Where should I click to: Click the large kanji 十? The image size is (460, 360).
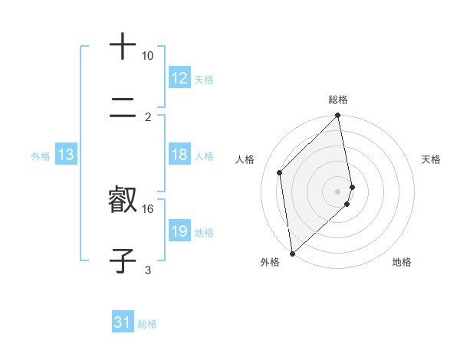(x=123, y=47)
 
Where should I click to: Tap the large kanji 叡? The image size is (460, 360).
(x=123, y=199)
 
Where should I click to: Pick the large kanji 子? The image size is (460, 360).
(x=123, y=260)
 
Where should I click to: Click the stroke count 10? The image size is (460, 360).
(x=147, y=56)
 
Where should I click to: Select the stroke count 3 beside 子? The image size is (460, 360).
(x=148, y=270)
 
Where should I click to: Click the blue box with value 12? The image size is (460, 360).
(x=179, y=78)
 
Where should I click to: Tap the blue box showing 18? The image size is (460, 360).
(x=179, y=155)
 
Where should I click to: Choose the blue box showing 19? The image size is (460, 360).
(x=179, y=231)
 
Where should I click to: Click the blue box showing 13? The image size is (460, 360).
(x=66, y=155)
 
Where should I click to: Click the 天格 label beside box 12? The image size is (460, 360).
(x=204, y=80)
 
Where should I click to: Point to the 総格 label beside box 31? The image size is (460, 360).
(x=147, y=324)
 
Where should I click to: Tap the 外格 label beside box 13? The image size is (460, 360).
(x=41, y=156)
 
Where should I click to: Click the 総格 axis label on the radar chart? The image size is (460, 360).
(x=338, y=100)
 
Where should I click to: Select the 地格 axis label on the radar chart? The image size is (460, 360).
(x=402, y=262)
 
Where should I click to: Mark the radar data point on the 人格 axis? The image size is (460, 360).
(x=280, y=172)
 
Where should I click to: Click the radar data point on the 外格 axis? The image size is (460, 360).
(x=292, y=253)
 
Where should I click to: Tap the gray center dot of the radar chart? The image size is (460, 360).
(x=338, y=191)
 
